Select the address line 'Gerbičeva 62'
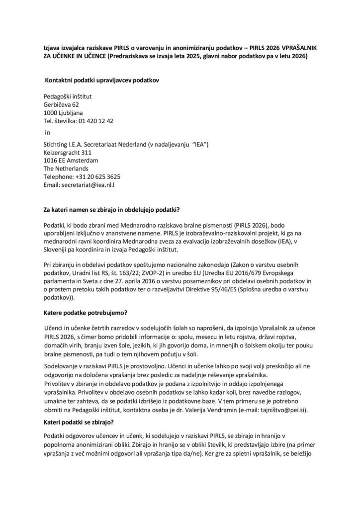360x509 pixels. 62,105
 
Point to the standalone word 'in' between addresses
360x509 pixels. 48,133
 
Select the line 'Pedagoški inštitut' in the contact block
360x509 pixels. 68,97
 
